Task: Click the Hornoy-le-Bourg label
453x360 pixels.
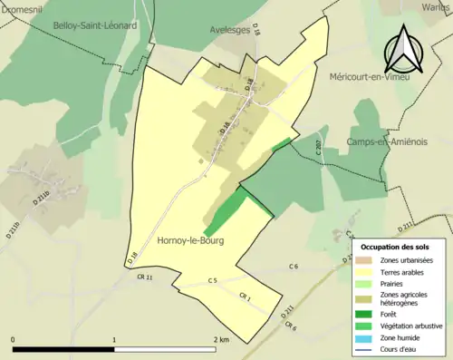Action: pyautogui.click(x=191, y=240)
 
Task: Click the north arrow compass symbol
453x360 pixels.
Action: pyautogui.click(x=402, y=49)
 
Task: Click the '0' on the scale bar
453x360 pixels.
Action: pyautogui.click(x=14, y=339)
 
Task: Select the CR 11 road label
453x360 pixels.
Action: pyautogui.click(x=144, y=277)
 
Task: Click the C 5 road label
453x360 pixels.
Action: pyautogui.click(x=212, y=281)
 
